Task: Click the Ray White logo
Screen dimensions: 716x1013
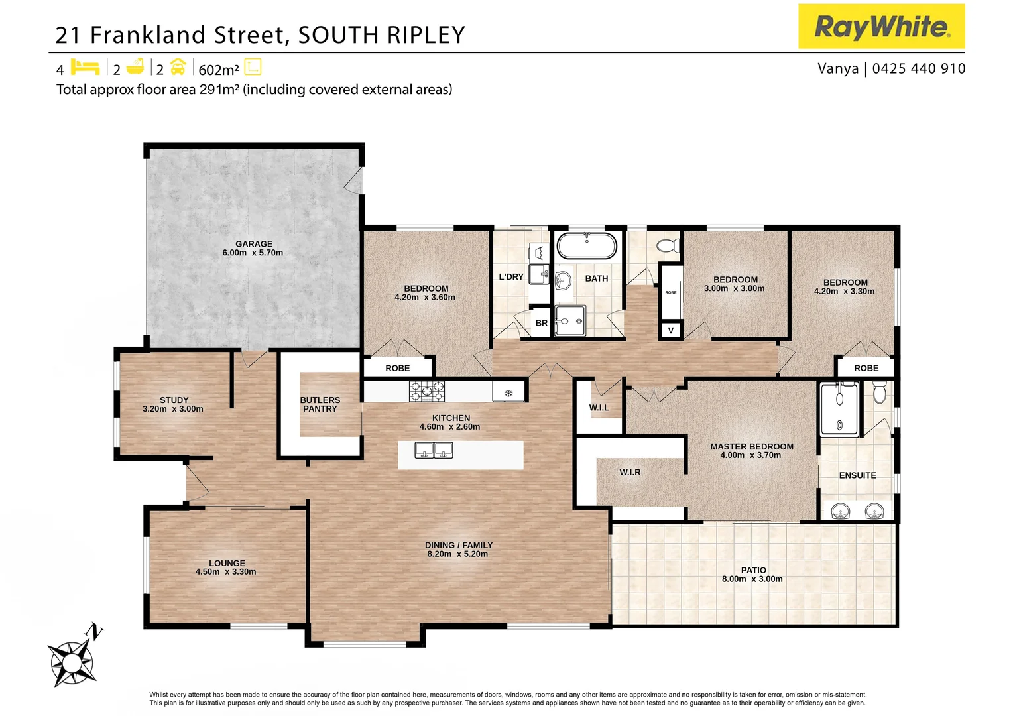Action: [881, 27]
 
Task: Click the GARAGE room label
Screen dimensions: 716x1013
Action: [254, 244]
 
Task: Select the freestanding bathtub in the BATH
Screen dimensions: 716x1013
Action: [587, 246]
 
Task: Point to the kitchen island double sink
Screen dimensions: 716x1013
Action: [434, 451]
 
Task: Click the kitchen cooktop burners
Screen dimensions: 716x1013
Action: [426, 391]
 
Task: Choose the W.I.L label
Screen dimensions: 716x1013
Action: [599, 408]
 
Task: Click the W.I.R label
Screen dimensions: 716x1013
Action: [630, 472]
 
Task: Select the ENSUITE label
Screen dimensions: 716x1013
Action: [857, 475]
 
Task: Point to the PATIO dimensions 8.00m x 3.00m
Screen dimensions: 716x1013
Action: [752, 579]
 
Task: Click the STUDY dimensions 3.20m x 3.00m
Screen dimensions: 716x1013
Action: [173, 409]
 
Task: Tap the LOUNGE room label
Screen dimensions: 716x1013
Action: [227, 563]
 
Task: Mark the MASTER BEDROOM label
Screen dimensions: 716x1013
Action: [752, 446]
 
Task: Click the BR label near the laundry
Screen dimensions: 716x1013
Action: [542, 323]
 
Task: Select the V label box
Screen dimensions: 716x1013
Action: [671, 330]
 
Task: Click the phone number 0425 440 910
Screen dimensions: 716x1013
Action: [918, 68]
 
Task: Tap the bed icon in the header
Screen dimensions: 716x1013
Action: [85, 68]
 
